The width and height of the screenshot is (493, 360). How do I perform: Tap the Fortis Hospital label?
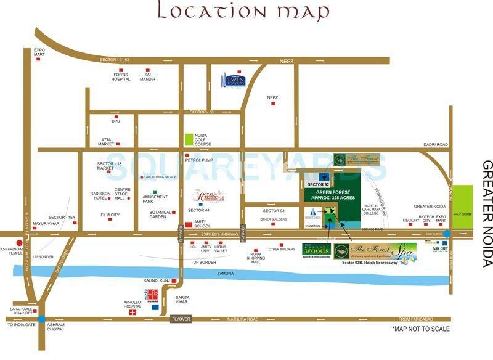click(x=121, y=76)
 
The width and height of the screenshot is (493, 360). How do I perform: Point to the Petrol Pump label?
click(x=199, y=160)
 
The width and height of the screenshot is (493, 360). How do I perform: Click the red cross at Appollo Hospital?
click(x=131, y=313)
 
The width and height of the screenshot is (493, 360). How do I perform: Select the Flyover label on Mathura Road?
click(x=181, y=319)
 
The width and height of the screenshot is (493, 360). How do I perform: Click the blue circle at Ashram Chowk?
click(x=41, y=319)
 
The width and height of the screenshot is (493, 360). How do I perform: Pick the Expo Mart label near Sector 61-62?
click(x=39, y=52)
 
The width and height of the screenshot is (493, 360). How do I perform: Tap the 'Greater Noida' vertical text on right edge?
click(x=487, y=213)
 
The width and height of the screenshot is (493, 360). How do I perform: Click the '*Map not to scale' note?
click(x=421, y=329)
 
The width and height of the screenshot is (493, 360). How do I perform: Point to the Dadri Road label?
click(x=434, y=144)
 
